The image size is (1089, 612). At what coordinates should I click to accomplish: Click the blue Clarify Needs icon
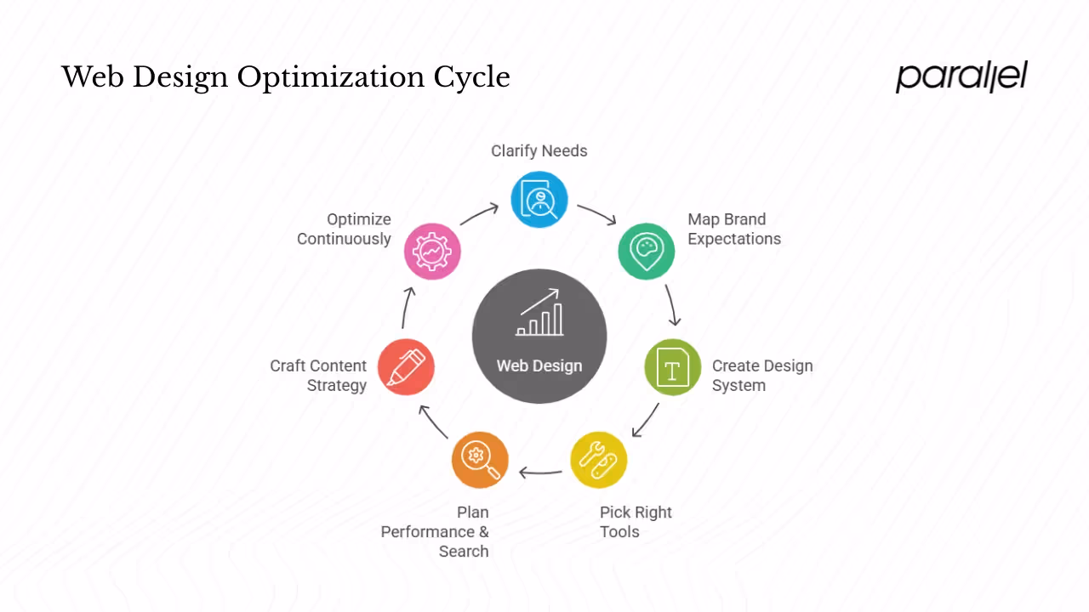[539, 200]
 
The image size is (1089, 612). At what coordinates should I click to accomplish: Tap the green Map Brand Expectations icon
[647, 251]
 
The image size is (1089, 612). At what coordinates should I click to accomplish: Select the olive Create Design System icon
[672, 368]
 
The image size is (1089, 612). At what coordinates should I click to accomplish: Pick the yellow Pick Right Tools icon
[598, 460]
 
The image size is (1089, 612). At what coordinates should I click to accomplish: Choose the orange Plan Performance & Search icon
[480, 460]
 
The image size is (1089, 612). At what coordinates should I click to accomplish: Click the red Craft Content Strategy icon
[406, 367]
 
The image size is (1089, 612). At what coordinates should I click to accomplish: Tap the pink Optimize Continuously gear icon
[432, 252]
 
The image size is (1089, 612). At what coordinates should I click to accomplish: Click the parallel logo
[961, 76]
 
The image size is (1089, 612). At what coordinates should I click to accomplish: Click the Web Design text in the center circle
[539, 366]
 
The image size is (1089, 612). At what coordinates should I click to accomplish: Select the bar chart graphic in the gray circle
[539, 313]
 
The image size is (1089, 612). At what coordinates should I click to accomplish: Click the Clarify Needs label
[539, 151]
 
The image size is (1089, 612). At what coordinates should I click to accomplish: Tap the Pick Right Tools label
[636, 522]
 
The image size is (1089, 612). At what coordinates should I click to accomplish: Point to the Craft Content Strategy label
[318, 376]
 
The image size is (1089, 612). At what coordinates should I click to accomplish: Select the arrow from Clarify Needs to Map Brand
[597, 214]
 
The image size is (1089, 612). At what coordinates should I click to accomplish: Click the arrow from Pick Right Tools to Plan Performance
[540, 472]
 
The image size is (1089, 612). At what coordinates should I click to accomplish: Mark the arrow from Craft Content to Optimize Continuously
[408, 308]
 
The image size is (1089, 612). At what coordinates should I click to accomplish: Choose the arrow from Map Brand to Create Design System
[672, 304]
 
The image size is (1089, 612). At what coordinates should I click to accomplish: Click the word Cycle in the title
[472, 78]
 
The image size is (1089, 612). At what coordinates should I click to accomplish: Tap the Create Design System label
[762, 376]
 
